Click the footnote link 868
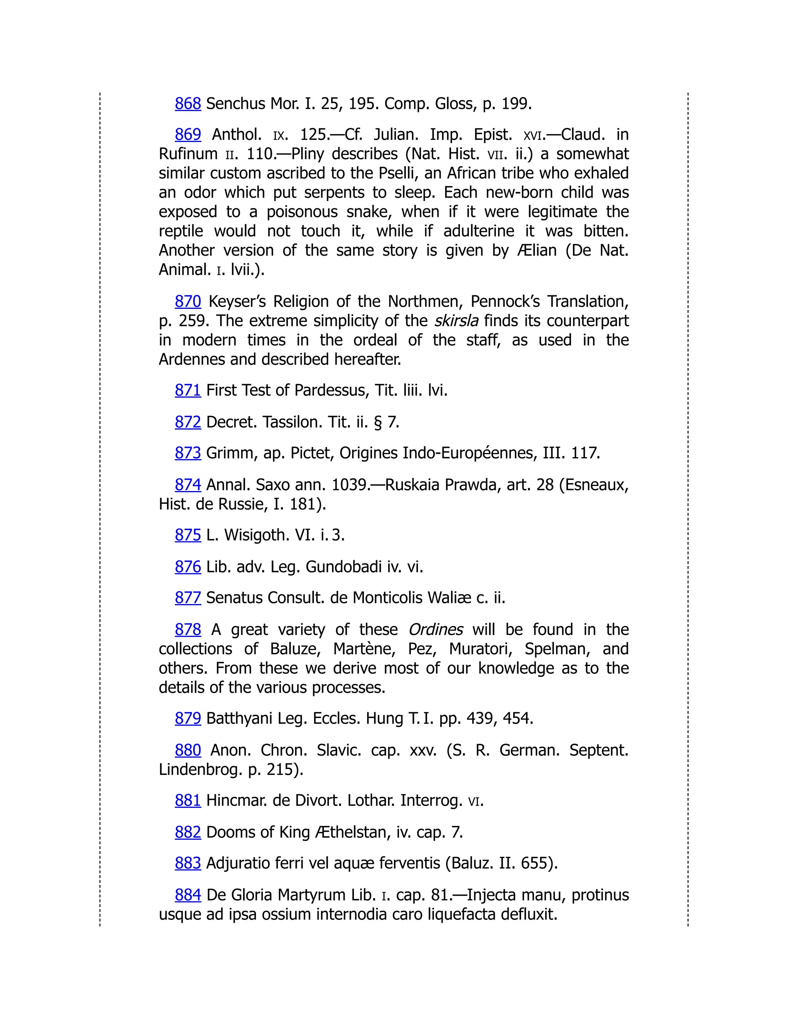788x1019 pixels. (x=188, y=103)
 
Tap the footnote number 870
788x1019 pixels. (x=188, y=301)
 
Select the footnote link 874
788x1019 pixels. (x=188, y=485)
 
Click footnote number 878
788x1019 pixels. (x=188, y=629)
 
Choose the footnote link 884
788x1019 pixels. (x=188, y=894)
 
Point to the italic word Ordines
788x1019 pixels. (x=436, y=629)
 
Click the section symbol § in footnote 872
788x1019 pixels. (x=378, y=422)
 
